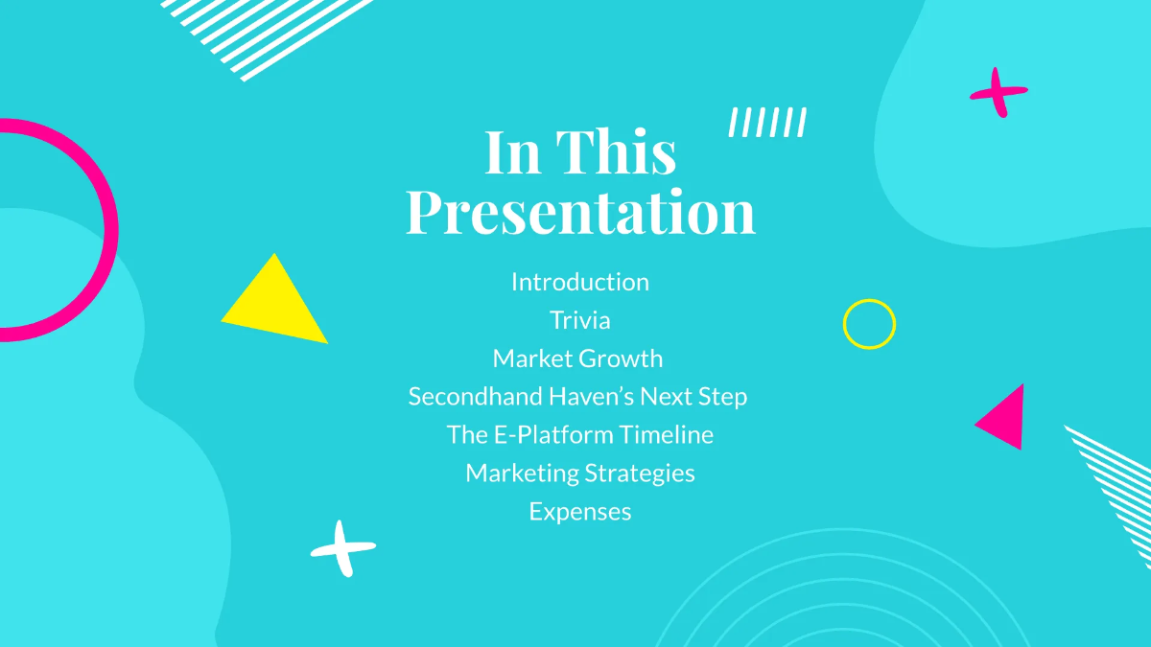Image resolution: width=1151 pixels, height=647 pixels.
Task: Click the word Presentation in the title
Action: click(580, 213)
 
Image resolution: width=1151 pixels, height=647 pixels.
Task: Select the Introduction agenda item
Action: click(579, 282)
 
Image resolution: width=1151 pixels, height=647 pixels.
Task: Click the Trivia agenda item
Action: click(579, 320)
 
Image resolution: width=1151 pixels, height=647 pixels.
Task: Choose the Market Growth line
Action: click(577, 358)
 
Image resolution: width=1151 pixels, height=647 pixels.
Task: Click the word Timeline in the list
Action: click(666, 434)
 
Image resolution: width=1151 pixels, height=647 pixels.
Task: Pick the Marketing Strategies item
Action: click(579, 473)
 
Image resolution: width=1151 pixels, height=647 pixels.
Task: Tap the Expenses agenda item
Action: click(579, 512)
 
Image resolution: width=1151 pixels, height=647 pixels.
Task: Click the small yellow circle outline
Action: click(869, 324)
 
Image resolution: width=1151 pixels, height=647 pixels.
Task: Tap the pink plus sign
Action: click(998, 92)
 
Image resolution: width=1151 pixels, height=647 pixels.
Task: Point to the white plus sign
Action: click(342, 548)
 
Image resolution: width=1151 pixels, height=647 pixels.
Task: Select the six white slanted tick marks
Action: click(767, 123)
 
